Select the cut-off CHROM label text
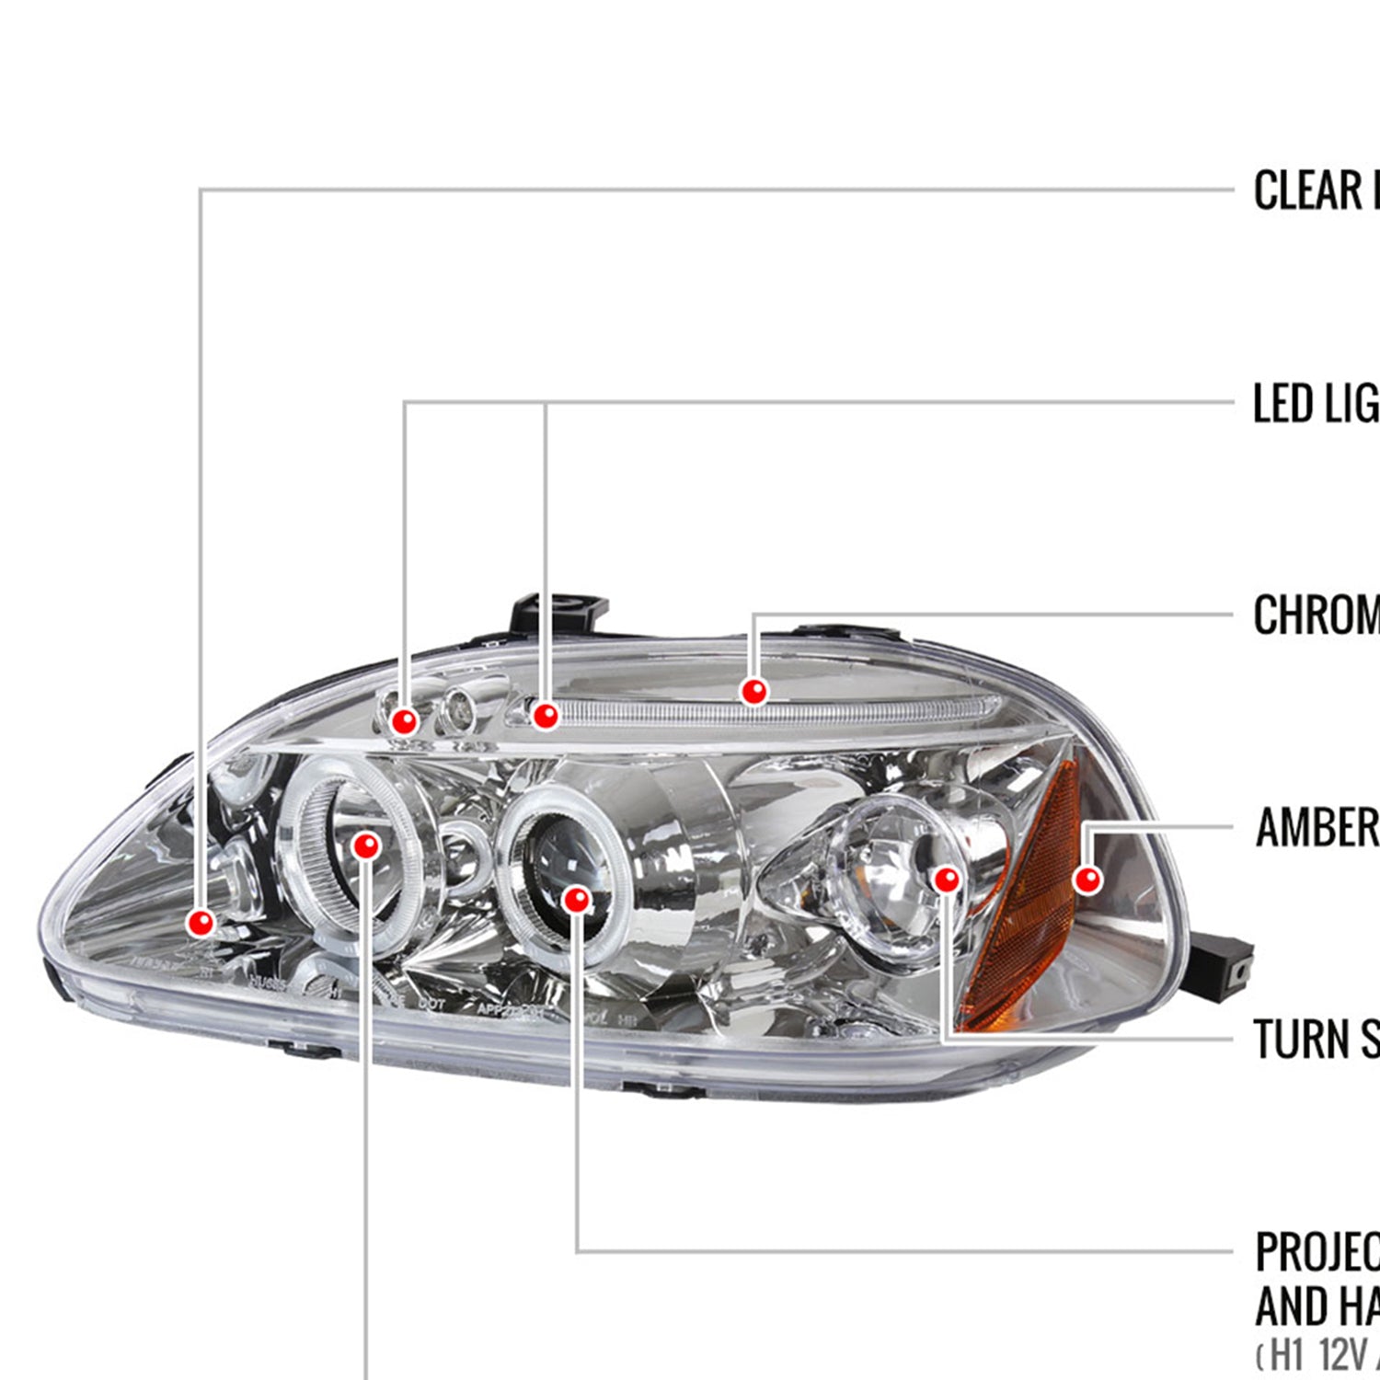point(1316,615)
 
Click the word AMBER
point(1317,827)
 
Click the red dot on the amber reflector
point(1087,880)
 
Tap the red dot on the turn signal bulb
point(946,880)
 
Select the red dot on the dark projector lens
point(577,899)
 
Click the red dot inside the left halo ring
point(366,845)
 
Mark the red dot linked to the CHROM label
point(754,691)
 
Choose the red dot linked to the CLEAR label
point(201,922)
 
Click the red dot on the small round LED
point(404,721)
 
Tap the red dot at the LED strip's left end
point(546,715)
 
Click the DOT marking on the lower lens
point(432,1004)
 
